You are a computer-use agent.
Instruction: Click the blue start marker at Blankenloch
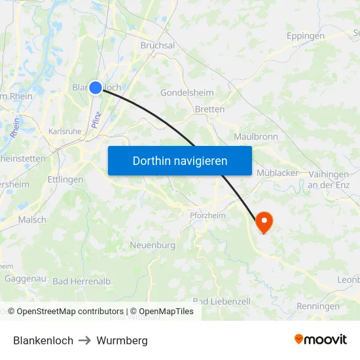coord(96,87)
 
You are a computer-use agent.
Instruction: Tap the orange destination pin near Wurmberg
coord(264,221)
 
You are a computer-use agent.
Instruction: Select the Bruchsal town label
coord(158,46)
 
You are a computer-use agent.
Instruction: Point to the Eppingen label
coord(305,36)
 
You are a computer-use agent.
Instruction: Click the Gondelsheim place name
coord(188,93)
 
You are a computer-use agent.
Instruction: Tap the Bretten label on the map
coord(209,109)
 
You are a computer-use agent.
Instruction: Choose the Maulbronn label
coord(256,137)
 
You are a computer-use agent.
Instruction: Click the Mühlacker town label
coord(278,173)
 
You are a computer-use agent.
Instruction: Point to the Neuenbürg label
coord(153,245)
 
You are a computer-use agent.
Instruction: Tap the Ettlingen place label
coord(65,179)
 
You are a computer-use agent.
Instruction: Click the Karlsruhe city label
coord(65,132)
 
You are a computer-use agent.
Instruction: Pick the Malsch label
coord(32,220)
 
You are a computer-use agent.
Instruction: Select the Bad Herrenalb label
coord(82,281)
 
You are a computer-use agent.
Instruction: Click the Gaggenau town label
coord(24,278)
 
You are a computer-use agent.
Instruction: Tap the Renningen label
coord(318,306)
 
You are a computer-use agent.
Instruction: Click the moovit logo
coord(321,340)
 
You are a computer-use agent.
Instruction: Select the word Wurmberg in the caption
coord(122,340)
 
